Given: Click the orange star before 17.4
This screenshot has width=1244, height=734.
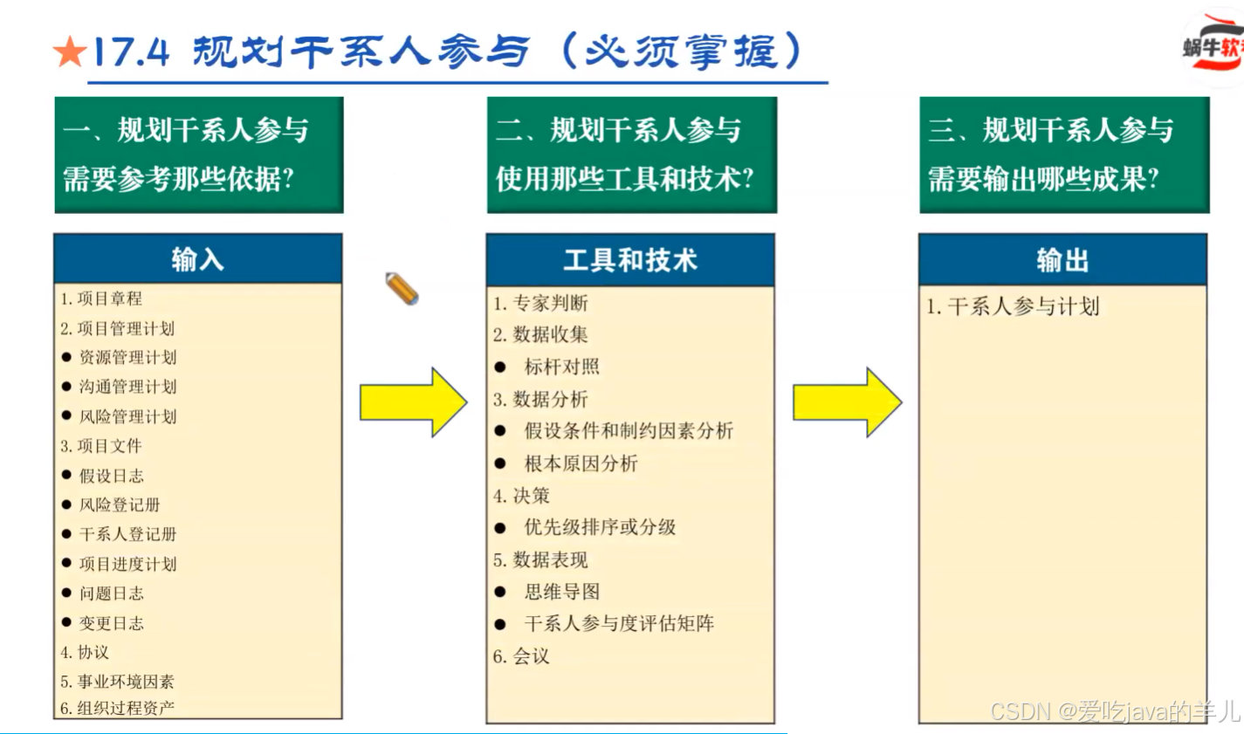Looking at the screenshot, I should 69,52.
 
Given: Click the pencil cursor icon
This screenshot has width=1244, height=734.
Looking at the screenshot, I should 402,289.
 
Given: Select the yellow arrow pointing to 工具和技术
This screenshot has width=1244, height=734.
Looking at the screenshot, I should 413,402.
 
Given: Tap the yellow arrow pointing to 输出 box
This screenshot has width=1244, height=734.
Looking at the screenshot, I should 846,402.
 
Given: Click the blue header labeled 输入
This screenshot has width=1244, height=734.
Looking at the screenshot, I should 197,259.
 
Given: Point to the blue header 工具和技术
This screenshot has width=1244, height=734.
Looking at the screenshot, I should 629,260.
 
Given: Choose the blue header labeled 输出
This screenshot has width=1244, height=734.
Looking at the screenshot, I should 1062,260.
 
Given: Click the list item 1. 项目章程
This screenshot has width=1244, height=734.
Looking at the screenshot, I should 101,298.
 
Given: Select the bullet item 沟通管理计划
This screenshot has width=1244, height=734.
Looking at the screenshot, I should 127,387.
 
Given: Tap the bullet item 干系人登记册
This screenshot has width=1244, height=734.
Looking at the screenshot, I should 127,534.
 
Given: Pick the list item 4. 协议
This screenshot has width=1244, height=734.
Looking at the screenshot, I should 85,652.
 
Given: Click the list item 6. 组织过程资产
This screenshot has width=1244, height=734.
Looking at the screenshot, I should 117,708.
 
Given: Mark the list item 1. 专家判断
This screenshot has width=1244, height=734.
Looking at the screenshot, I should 540,304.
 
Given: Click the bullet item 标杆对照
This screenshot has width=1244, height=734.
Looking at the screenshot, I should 561,367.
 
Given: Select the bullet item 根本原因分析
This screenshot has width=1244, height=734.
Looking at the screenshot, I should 581,463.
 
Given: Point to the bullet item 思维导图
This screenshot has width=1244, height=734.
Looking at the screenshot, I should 561,592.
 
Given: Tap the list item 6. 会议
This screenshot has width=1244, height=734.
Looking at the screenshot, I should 521,656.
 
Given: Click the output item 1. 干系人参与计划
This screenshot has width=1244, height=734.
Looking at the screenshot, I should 1013,306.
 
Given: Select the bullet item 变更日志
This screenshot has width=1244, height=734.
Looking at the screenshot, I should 111,623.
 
